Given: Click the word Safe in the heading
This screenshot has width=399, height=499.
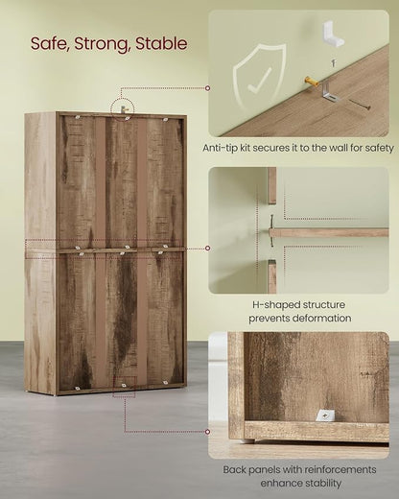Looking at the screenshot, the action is click(x=50, y=44).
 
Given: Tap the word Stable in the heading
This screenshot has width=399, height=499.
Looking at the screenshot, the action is click(x=161, y=44).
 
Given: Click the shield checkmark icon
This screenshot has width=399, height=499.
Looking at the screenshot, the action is click(x=259, y=78).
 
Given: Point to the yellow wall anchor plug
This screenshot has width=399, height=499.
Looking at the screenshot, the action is click(x=312, y=82).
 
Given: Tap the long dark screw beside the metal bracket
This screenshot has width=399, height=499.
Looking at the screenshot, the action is click(x=359, y=105).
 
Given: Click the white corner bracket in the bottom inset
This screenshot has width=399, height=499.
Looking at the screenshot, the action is click(x=325, y=416).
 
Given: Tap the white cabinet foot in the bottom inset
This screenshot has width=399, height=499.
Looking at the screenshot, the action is click(x=248, y=440).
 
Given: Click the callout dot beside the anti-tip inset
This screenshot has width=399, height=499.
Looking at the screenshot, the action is click(x=208, y=88).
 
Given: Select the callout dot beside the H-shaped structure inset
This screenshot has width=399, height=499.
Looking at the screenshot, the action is click(x=208, y=249).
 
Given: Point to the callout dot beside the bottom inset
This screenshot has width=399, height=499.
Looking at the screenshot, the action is click(x=208, y=432).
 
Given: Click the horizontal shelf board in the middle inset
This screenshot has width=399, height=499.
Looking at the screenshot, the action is click(x=329, y=232).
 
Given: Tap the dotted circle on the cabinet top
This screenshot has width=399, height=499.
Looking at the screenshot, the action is click(x=123, y=108).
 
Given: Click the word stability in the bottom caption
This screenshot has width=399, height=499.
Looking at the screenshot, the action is click(x=320, y=483).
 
